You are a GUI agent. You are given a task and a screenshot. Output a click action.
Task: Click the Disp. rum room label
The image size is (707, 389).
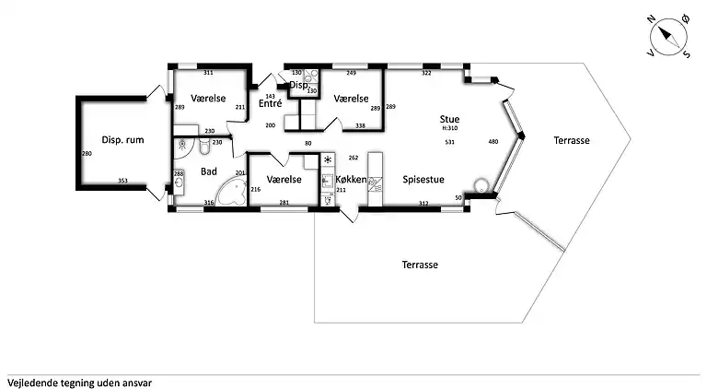click(x=122, y=140)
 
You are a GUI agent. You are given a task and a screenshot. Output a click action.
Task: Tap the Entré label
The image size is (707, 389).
click(x=270, y=103)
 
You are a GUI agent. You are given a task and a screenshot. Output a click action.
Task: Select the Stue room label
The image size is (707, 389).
click(x=449, y=119)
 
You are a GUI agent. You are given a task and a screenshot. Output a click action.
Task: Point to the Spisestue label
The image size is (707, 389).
click(x=423, y=180)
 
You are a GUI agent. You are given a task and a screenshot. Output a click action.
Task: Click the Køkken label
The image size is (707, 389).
click(x=351, y=180)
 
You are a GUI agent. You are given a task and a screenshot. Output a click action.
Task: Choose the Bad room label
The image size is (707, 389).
click(x=209, y=171)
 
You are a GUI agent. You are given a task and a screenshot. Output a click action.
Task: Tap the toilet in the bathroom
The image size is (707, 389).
click(x=204, y=147)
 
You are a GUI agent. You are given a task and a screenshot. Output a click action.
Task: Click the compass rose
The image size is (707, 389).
click(x=668, y=38)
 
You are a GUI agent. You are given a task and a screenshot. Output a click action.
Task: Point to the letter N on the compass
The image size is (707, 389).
click(x=651, y=19)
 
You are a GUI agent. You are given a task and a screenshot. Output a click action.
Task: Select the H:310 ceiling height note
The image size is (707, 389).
click(x=449, y=128)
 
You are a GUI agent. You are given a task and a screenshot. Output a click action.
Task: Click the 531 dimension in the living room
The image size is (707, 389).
click(x=449, y=142)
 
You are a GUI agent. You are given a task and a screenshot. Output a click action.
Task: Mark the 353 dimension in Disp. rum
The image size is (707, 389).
click(x=122, y=181)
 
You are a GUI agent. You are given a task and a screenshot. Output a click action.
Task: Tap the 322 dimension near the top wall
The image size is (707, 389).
click(x=426, y=73)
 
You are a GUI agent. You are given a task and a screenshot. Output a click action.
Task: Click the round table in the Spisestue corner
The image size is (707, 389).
click(x=481, y=185)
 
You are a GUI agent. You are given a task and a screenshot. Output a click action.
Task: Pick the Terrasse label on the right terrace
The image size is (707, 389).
click(x=572, y=140)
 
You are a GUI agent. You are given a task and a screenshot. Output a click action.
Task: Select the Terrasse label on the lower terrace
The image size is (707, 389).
click(x=420, y=265)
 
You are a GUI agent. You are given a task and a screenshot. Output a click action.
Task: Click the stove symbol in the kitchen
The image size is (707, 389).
click(x=328, y=159)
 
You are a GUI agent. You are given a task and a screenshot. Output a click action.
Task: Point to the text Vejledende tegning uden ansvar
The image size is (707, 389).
click(x=79, y=383)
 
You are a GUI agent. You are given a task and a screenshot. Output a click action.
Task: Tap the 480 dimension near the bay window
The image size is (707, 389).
click(x=493, y=142)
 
